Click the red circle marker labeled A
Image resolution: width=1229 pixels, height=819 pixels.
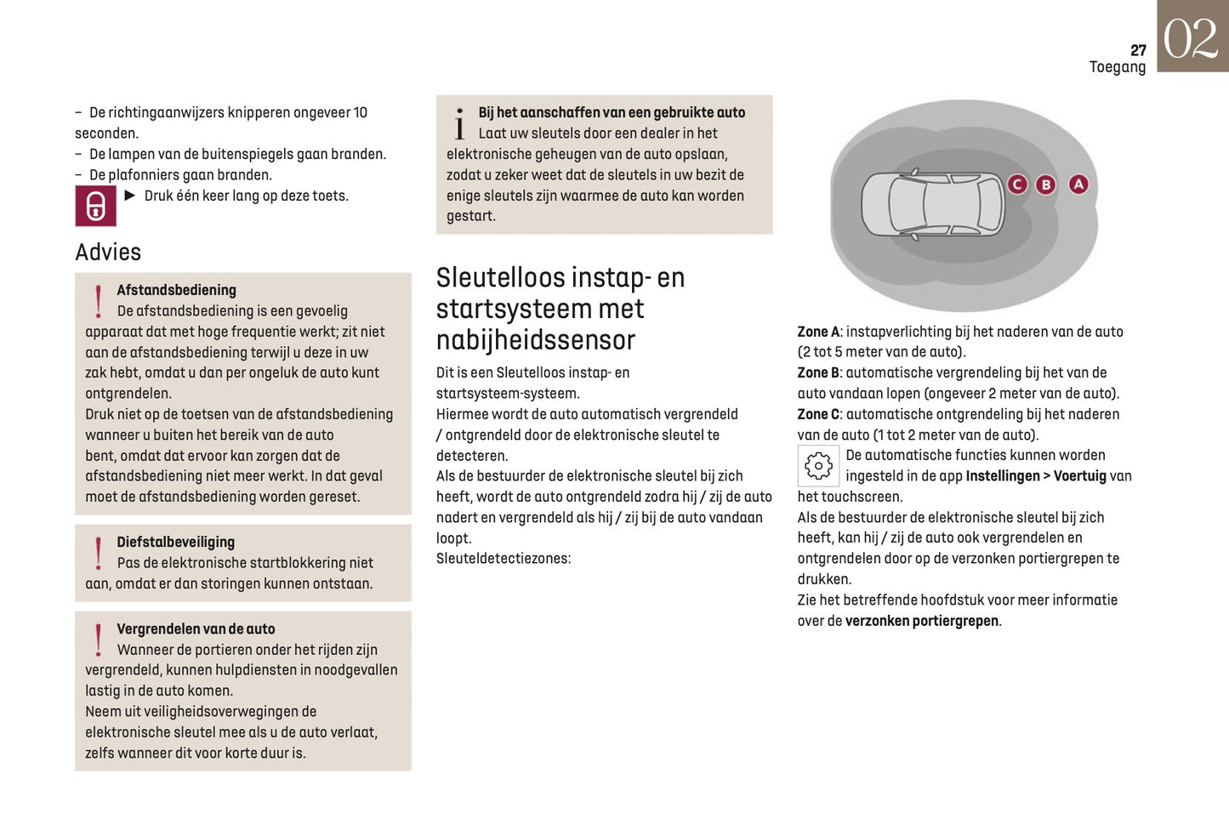click(x=1078, y=184)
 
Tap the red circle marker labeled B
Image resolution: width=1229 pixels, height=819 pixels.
click(x=1046, y=185)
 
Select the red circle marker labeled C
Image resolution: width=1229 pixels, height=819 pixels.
click(x=1017, y=184)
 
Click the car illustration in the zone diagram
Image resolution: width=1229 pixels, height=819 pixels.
click(x=933, y=205)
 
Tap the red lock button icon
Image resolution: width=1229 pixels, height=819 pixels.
click(x=95, y=206)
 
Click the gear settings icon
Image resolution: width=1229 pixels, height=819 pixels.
click(x=818, y=465)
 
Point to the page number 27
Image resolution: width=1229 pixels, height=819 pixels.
click(x=1138, y=50)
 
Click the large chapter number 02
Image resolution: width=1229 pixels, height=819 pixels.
click(x=1192, y=38)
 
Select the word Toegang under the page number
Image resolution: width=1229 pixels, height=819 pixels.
click(x=1117, y=67)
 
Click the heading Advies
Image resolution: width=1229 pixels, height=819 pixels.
click(x=108, y=252)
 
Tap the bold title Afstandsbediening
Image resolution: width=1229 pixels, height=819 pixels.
click(x=176, y=290)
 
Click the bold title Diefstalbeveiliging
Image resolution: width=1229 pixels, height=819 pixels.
click(x=175, y=542)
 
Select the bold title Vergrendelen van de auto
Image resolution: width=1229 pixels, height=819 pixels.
click(x=196, y=628)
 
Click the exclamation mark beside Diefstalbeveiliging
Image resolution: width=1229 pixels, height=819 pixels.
click(x=99, y=554)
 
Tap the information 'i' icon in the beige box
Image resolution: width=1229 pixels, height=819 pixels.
click(x=459, y=124)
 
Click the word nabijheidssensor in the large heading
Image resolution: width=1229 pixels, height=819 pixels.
click(x=536, y=340)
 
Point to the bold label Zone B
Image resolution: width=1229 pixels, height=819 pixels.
click(x=818, y=373)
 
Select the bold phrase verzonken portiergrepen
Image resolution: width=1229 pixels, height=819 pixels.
click(x=922, y=621)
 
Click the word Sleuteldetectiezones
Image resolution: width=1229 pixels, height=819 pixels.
click(x=503, y=559)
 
